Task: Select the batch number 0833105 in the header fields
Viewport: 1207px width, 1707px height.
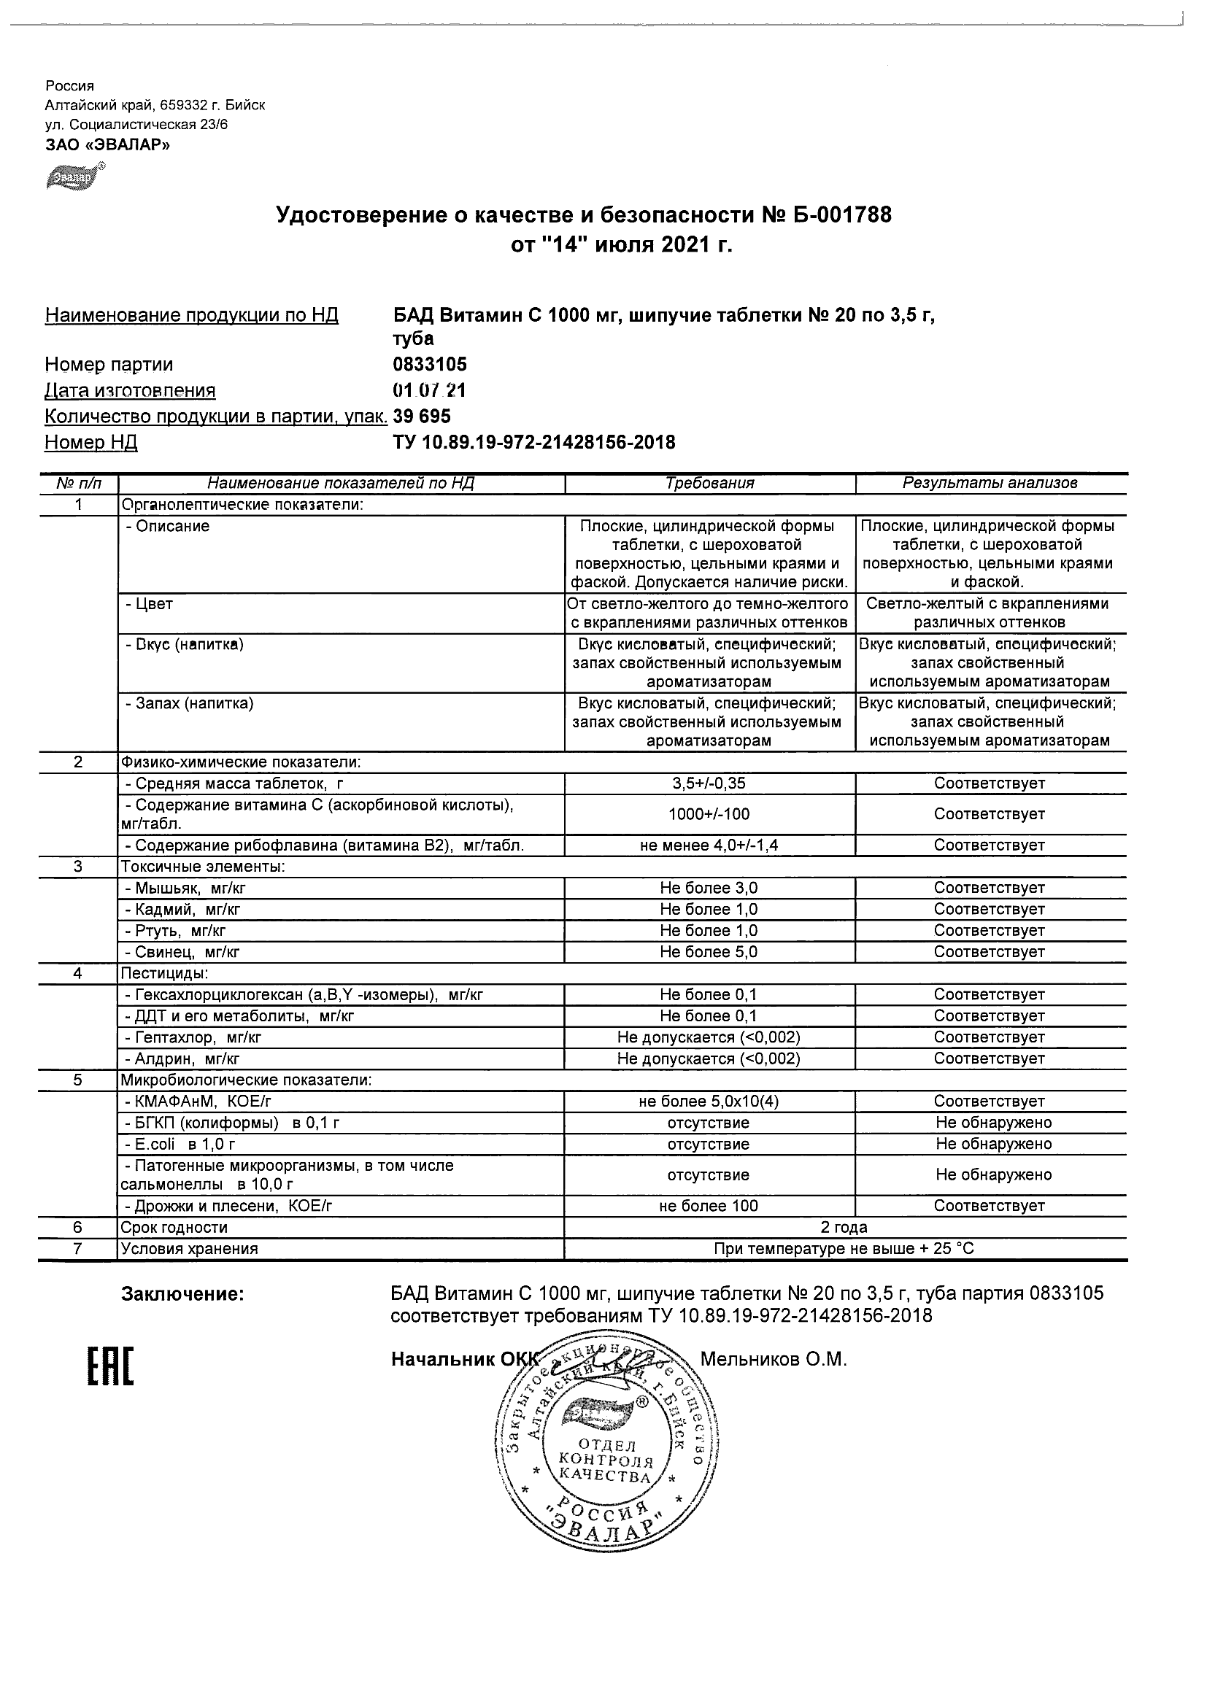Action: click(430, 364)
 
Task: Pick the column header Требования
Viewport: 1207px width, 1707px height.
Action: click(709, 483)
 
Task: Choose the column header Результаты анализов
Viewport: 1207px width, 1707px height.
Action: click(990, 483)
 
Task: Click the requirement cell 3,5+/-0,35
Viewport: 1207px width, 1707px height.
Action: click(709, 783)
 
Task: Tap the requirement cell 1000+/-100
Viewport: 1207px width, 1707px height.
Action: click(709, 814)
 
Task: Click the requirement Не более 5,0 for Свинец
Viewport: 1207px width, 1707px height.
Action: click(709, 952)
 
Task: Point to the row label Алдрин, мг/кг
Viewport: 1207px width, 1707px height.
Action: click(182, 1058)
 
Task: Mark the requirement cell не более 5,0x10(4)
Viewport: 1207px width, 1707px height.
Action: click(709, 1101)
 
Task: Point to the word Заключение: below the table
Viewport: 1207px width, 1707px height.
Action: click(182, 1294)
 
